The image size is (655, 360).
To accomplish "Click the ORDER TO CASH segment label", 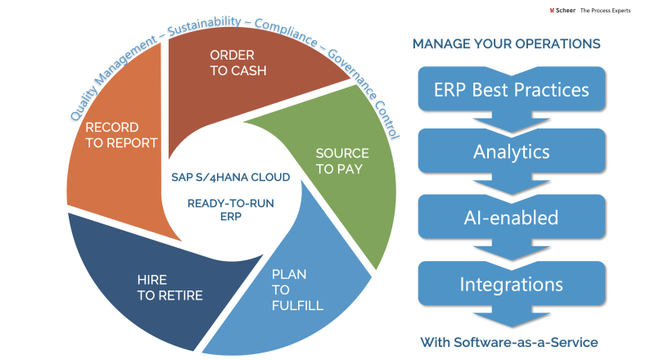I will (x=238, y=62).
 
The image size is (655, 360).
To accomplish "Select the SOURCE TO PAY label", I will (x=342, y=161).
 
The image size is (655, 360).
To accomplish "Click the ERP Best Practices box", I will (x=511, y=88).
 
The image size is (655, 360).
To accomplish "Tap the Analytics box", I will (x=511, y=151).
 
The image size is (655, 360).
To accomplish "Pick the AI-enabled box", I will (x=511, y=218).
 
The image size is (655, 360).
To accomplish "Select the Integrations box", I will (x=511, y=285).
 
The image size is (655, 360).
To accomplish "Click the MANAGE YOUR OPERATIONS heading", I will (x=506, y=43).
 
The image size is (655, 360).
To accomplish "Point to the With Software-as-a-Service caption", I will (x=509, y=342).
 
